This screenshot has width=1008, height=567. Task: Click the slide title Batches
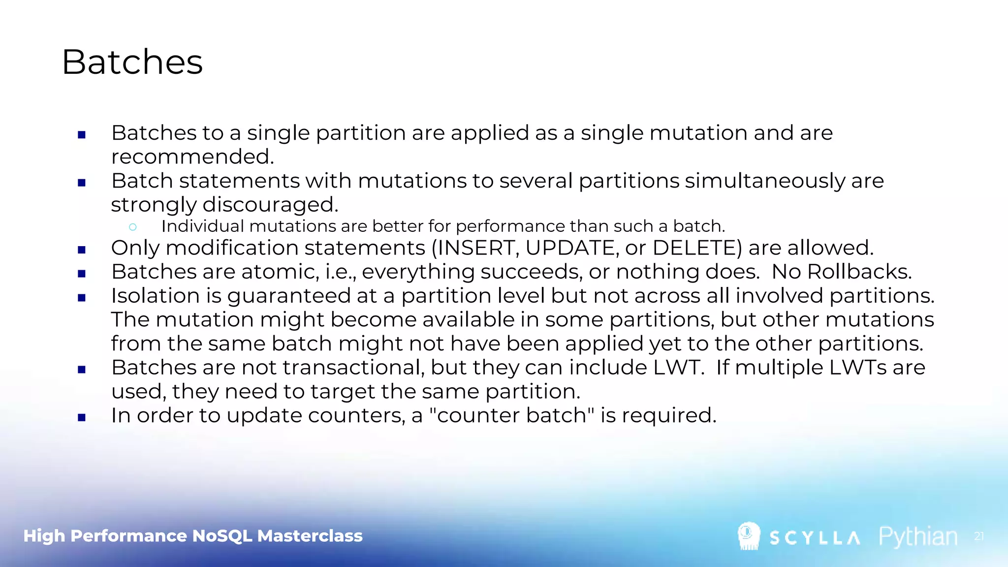point(132,63)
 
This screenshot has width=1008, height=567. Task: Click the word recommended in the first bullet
point(192,157)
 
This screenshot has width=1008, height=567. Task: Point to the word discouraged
point(270,205)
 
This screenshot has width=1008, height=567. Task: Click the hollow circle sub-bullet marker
point(132,227)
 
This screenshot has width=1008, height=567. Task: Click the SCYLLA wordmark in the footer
point(815,537)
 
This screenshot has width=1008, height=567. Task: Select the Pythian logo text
point(918,536)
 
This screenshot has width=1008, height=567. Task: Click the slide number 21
point(978,536)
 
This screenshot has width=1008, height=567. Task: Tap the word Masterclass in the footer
point(310,535)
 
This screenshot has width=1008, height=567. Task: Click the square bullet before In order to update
point(82,417)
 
